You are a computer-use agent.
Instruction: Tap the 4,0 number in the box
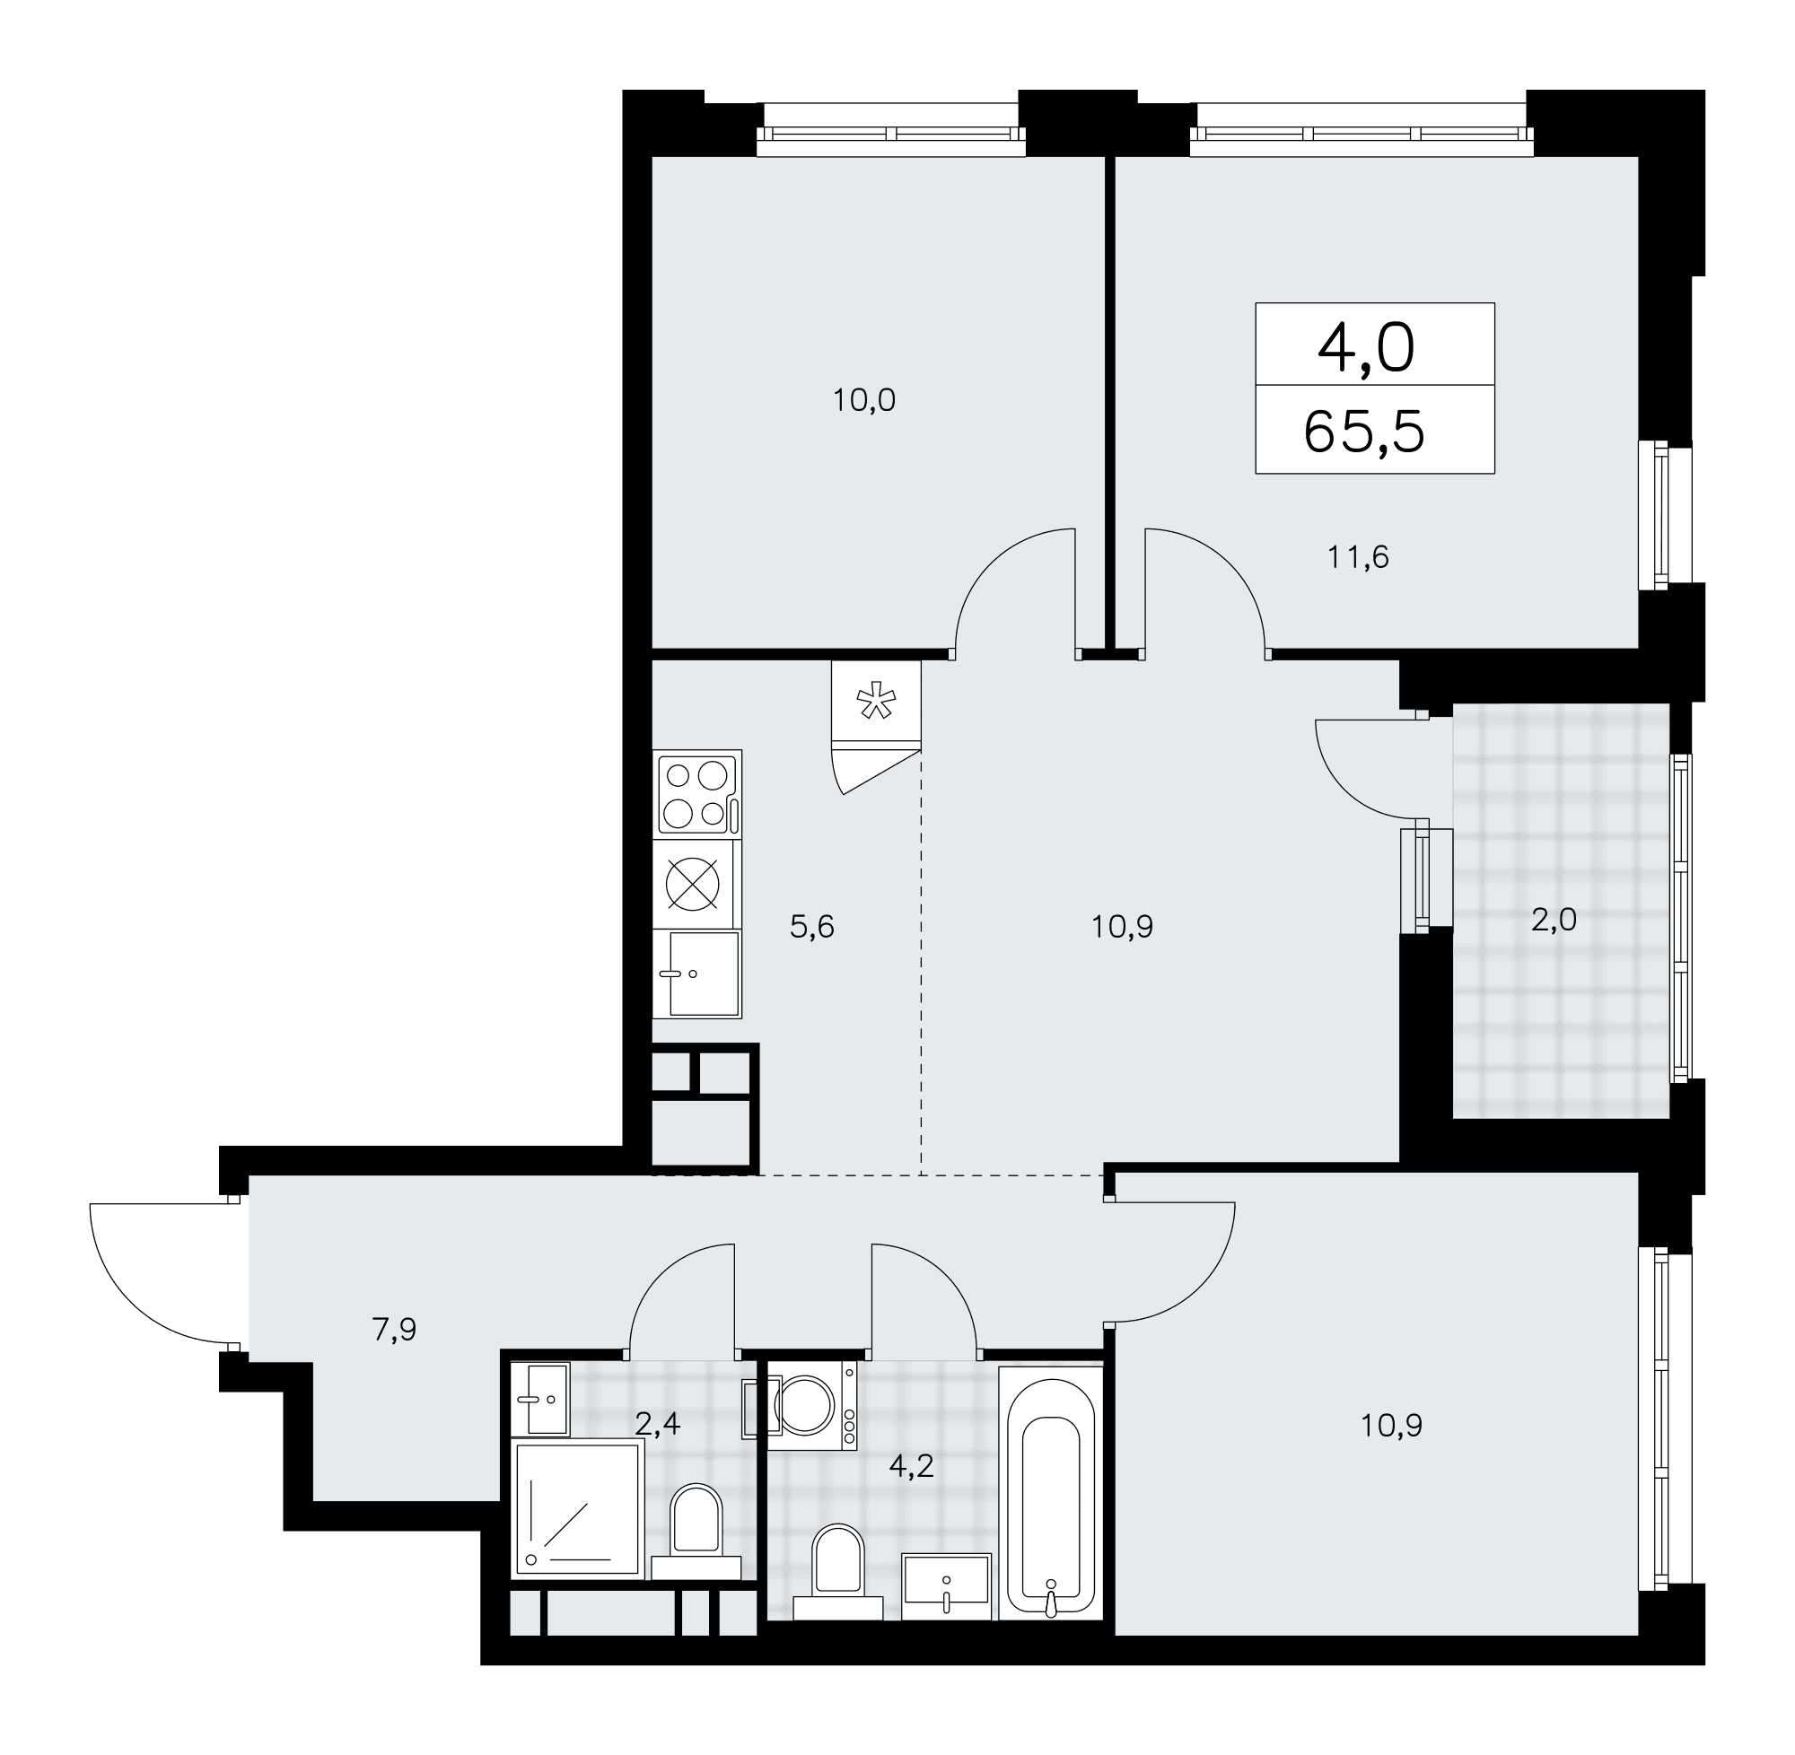coord(1365,349)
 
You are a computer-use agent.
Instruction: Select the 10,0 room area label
coord(864,401)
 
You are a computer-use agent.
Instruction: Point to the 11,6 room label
coord(1358,558)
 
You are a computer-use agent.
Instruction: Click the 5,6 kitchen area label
coord(812,926)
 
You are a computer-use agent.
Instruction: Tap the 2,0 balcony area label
coord(1554,919)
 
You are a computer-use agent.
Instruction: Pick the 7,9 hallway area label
coord(395,1329)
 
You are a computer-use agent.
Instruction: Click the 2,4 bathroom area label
coord(657,1424)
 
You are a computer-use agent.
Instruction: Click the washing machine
coord(801,1406)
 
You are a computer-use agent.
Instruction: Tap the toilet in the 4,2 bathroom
coord(838,1572)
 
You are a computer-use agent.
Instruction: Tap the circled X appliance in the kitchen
coord(692,883)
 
